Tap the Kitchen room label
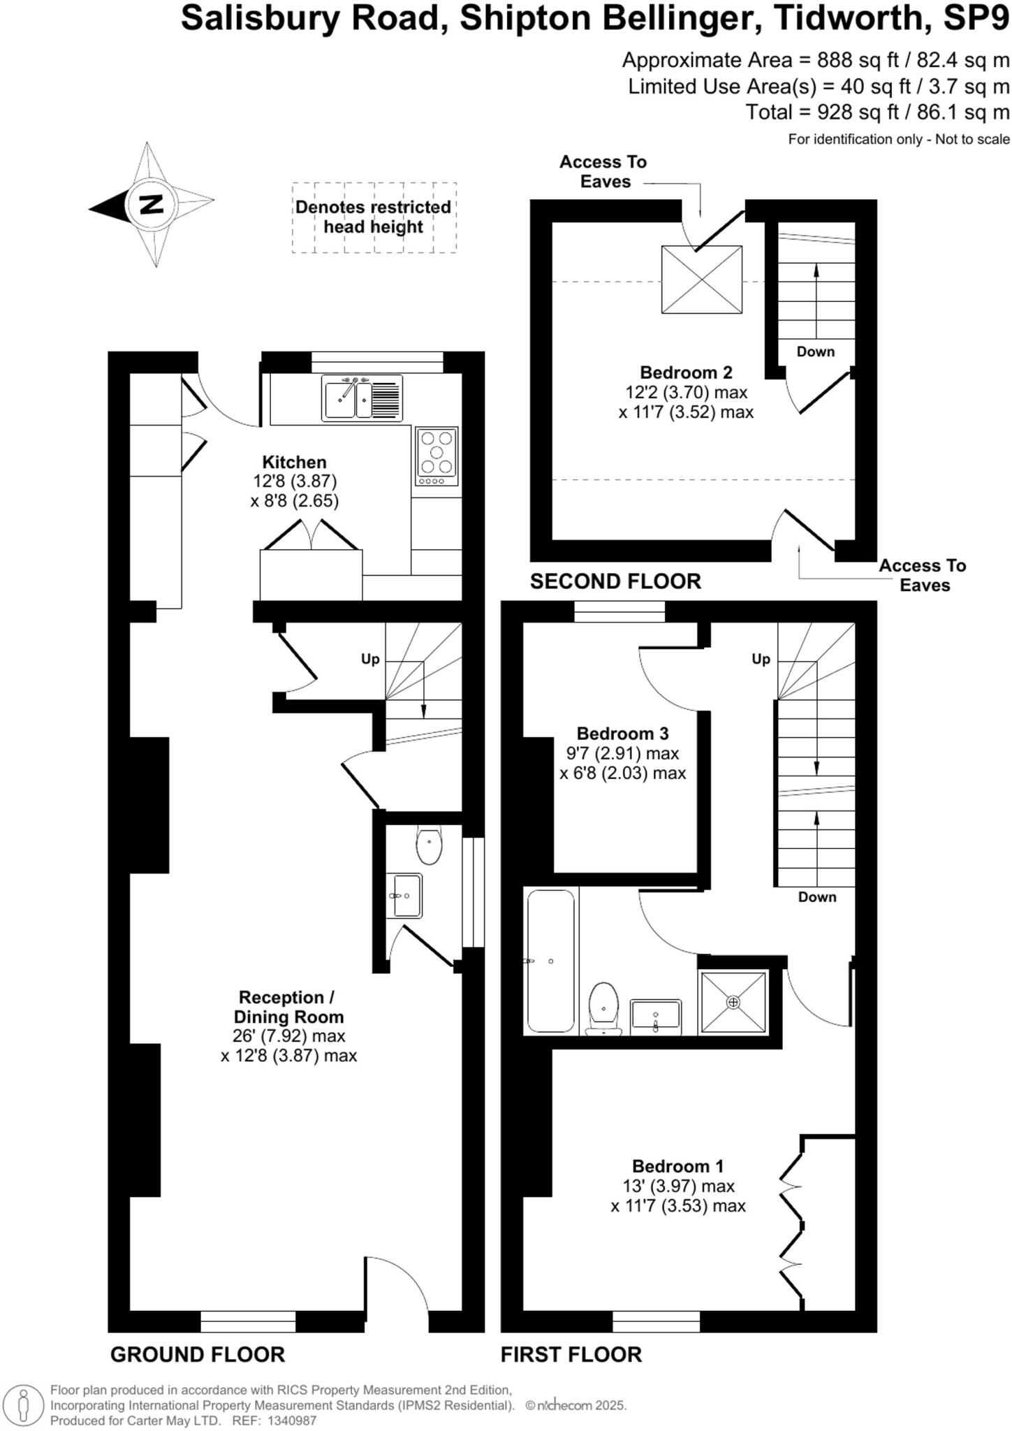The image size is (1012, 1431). pos(294,463)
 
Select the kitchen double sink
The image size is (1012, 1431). pos(361,398)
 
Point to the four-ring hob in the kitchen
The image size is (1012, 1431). pos(437,456)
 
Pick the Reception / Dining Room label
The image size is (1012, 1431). pos(288,1007)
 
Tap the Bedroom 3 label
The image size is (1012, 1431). pos(622,734)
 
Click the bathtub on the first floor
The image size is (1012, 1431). pos(551,961)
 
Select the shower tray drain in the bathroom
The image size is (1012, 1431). pos(733,1003)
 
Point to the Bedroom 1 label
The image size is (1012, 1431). pos(677,1166)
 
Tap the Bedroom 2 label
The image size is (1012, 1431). pos(686,372)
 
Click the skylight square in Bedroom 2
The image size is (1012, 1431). pos(701,279)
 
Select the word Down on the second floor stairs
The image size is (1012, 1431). pos(815,351)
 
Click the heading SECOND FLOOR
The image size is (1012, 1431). pos(615,581)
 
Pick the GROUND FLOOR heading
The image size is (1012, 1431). pos(198,1355)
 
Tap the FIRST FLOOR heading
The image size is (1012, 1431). pos(571,1355)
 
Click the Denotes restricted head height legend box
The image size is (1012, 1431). pos(374,217)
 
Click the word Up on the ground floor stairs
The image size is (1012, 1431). pos(369,659)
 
